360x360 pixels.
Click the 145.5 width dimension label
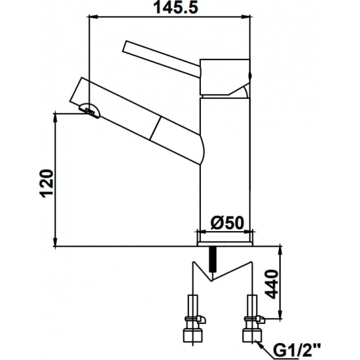click(x=175, y=7)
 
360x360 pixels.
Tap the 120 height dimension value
click(x=46, y=183)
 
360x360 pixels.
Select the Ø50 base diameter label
click(x=226, y=223)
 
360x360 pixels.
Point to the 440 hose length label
click(x=272, y=285)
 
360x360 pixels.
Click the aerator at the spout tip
click(x=90, y=110)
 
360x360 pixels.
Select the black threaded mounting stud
click(x=212, y=259)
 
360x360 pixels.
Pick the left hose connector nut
click(x=192, y=336)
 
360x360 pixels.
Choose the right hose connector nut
click(x=251, y=336)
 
